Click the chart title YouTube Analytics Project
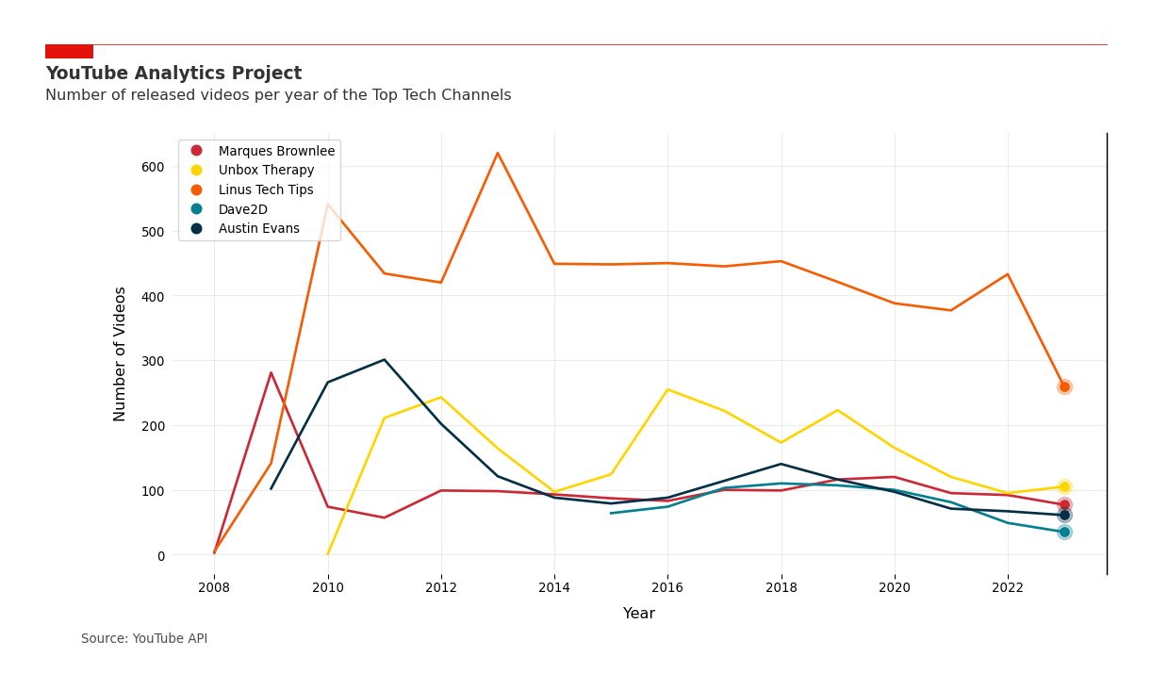(173, 74)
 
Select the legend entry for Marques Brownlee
(276, 151)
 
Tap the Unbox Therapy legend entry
(266, 171)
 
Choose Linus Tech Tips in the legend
(266, 190)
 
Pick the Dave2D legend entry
(242, 209)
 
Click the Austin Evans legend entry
(258, 229)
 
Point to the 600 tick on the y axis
(153, 167)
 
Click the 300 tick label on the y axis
(153, 361)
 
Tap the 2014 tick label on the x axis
(554, 587)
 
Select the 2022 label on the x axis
(1008, 587)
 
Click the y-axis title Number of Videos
(121, 353)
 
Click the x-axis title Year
(638, 614)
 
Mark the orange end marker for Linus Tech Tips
(1064, 386)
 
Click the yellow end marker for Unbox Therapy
(1064, 487)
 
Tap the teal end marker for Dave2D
(1064, 532)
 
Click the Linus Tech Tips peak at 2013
(498, 154)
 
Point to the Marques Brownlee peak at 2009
(272, 373)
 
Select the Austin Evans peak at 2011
(384, 360)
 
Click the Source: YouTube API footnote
(144, 639)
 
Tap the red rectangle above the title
(69, 52)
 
